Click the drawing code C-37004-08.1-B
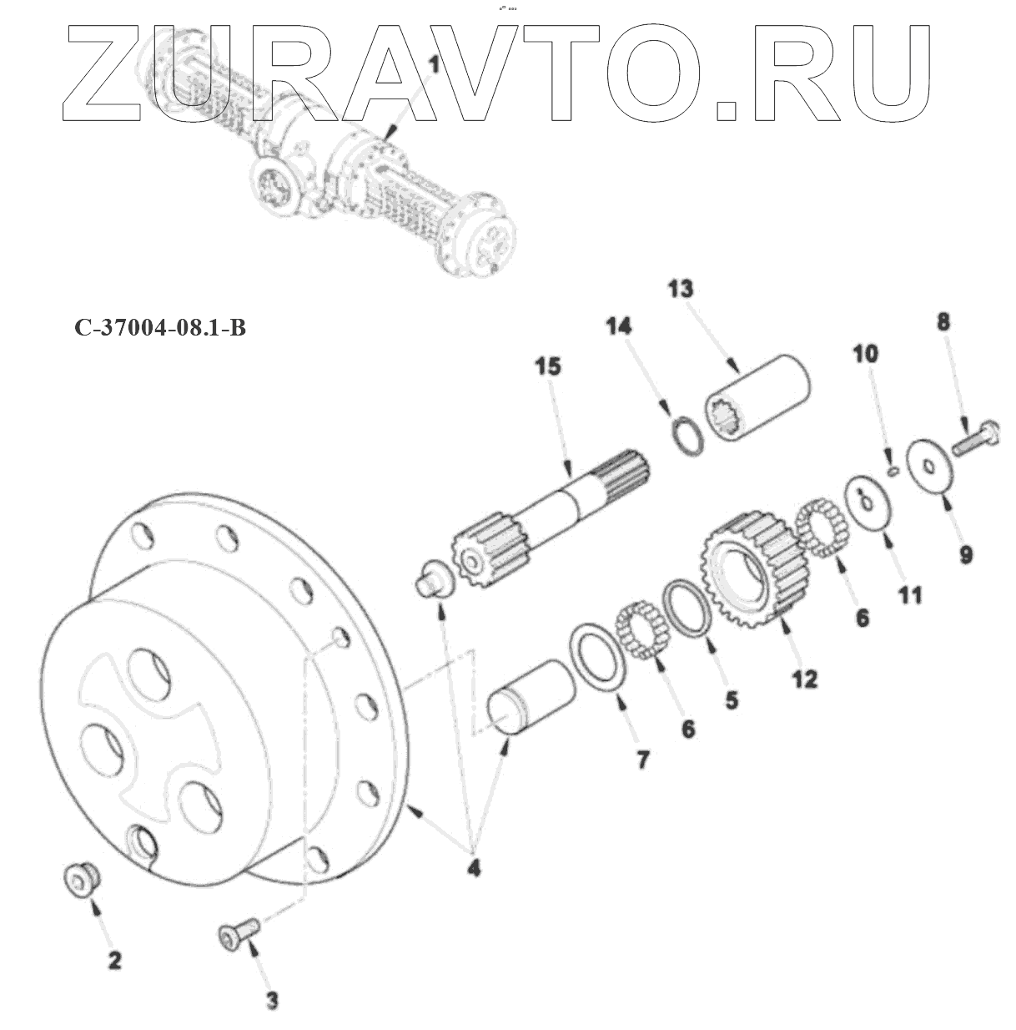[160, 328]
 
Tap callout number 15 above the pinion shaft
[548, 366]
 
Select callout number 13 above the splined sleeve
[680, 290]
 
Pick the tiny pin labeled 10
[890, 472]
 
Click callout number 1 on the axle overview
[433, 64]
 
